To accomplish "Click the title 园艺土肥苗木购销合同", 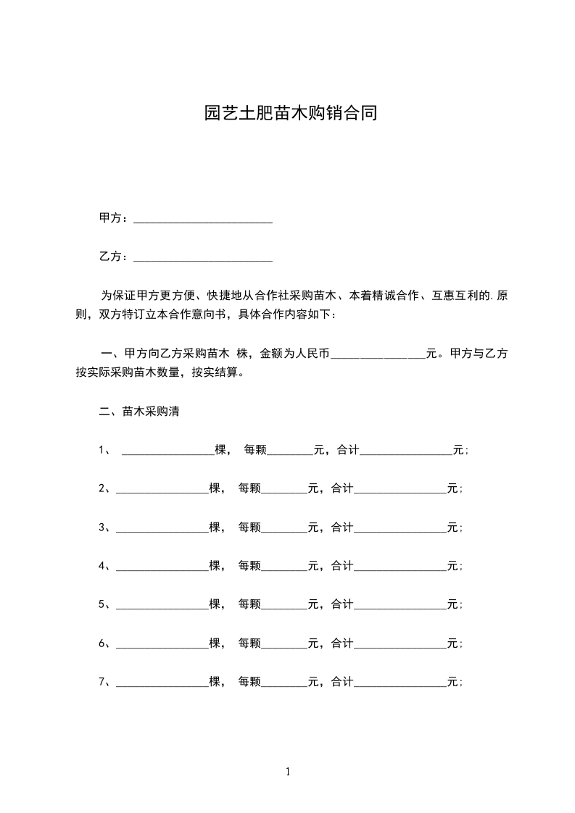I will click(290, 114).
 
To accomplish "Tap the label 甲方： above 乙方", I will click(114, 219).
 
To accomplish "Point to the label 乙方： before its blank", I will click(114, 257).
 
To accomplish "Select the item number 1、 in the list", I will click(104, 450).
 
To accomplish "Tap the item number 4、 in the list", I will click(104, 566).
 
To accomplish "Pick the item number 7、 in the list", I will click(104, 682).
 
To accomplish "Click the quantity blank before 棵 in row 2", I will click(162, 489).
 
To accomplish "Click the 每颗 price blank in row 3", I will click(284, 528).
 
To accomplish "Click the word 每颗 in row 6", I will click(249, 643).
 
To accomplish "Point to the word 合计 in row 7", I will click(342, 682).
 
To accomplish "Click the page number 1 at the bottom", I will click(288, 772).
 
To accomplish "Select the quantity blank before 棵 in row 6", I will click(162, 643).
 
